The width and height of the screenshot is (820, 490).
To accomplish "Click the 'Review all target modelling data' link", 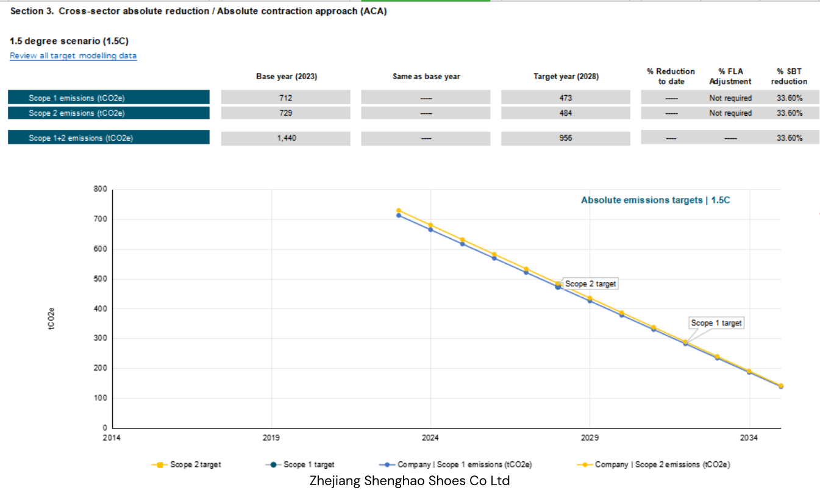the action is coord(73,55).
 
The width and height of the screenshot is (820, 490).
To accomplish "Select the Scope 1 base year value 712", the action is coord(285,98).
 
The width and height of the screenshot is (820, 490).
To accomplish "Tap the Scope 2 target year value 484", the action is coord(566,113).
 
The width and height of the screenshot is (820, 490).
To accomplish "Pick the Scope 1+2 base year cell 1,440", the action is coord(287,138).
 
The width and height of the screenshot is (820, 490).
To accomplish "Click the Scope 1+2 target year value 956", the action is coord(566,138).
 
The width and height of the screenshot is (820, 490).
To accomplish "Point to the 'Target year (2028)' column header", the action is coord(566,76).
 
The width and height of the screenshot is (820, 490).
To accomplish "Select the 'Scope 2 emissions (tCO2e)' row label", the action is coord(77,113).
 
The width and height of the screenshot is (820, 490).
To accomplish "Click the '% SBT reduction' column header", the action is coord(790,76).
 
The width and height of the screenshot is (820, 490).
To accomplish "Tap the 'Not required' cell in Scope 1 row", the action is coord(730,98).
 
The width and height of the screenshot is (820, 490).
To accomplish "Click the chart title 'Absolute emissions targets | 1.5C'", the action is coord(655,200).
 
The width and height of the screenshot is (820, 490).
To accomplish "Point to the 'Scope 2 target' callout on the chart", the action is coord(590,283).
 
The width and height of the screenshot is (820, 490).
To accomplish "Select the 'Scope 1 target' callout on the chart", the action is coord(716,323).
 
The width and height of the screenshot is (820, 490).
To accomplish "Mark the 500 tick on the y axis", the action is coord(100,279).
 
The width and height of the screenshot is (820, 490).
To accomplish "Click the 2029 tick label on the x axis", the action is coord(590,438).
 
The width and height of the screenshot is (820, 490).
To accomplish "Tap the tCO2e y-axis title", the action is coord(51,318).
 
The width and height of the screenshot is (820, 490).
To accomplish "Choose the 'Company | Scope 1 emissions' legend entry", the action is coord(455,465).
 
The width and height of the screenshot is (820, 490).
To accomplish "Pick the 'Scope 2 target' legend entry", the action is coord(187,465).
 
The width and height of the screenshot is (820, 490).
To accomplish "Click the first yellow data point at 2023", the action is coord(399,210).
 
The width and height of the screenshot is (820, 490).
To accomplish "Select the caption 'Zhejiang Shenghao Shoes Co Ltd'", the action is coord(410,480).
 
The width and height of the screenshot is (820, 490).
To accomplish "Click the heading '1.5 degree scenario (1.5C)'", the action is coord(69,41).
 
